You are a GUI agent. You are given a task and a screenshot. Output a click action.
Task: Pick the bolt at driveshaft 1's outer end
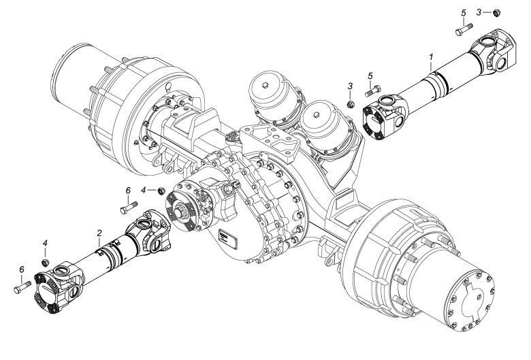click(463, 30)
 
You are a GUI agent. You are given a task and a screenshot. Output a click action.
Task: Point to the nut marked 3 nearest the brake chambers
click(349, 103)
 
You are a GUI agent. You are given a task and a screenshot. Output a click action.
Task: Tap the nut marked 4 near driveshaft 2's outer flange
click(46, 261)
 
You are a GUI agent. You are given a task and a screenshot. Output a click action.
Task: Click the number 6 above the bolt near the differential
click(127, 191)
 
